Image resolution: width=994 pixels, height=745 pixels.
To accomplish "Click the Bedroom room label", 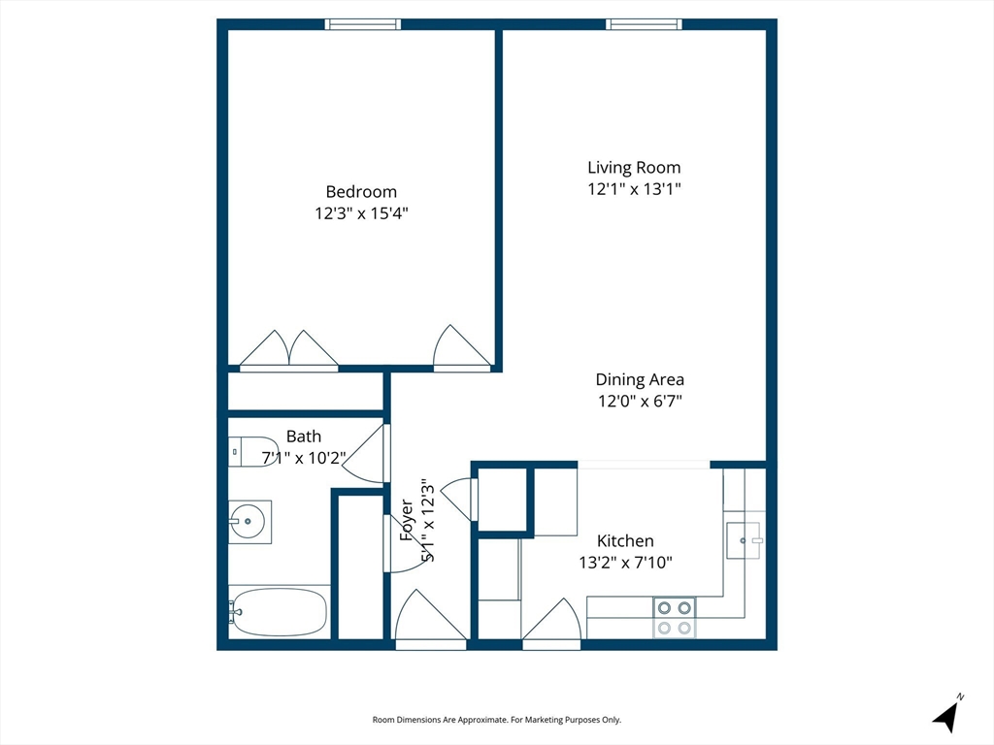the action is point(361,191).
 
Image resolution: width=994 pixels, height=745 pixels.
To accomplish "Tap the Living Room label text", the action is point(634,167).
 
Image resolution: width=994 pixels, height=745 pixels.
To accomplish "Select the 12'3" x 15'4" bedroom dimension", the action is point(361,212).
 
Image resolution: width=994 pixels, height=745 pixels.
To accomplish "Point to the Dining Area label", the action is point(640,379).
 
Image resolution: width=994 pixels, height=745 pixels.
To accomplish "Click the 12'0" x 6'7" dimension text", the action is point(640,401).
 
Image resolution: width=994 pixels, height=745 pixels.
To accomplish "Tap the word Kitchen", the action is point(625,541).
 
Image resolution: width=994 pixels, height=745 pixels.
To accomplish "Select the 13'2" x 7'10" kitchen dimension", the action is point(625,563).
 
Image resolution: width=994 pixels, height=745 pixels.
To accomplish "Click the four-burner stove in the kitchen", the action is point(675,618).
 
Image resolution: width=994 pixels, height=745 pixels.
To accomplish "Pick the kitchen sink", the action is point(744,540).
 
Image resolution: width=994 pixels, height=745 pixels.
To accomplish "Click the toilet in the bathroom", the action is point(253,452).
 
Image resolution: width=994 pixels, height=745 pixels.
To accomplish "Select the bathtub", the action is point(279,612).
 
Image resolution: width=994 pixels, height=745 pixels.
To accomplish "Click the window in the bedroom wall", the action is point(363,24).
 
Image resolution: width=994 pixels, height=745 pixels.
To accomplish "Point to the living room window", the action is point(644,24).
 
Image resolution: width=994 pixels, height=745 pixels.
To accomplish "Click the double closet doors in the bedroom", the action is point(288,349).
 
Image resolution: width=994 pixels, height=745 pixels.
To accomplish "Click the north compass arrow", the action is point(946,715).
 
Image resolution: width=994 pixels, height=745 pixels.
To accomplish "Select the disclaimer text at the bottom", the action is point(496,720).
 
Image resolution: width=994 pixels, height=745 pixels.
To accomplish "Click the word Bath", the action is point(304,437).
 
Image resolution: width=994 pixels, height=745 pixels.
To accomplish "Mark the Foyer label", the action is point(407,520).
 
